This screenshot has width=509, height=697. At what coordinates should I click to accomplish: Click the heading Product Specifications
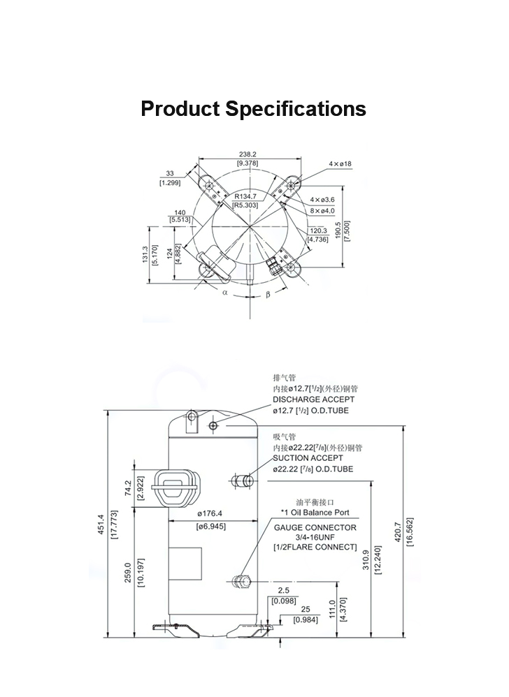pos(253,110)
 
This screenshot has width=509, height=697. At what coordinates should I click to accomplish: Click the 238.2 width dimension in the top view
pos(248,153)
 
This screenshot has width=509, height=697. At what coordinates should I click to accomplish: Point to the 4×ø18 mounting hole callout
pos(340,163)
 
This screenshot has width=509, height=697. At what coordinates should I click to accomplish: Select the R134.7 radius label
pos(246,196)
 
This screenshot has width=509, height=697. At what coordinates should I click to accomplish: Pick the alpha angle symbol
pos(225,293)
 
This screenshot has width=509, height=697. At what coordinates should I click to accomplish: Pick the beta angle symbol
pos(268,294)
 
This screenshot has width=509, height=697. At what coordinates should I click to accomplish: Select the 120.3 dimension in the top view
pos(318,230)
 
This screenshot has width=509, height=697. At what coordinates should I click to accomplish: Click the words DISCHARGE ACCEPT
pos(313,399)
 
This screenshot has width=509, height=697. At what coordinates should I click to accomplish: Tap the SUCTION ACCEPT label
pos(308,457)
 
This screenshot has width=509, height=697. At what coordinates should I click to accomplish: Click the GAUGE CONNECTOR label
pos(315,527)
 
